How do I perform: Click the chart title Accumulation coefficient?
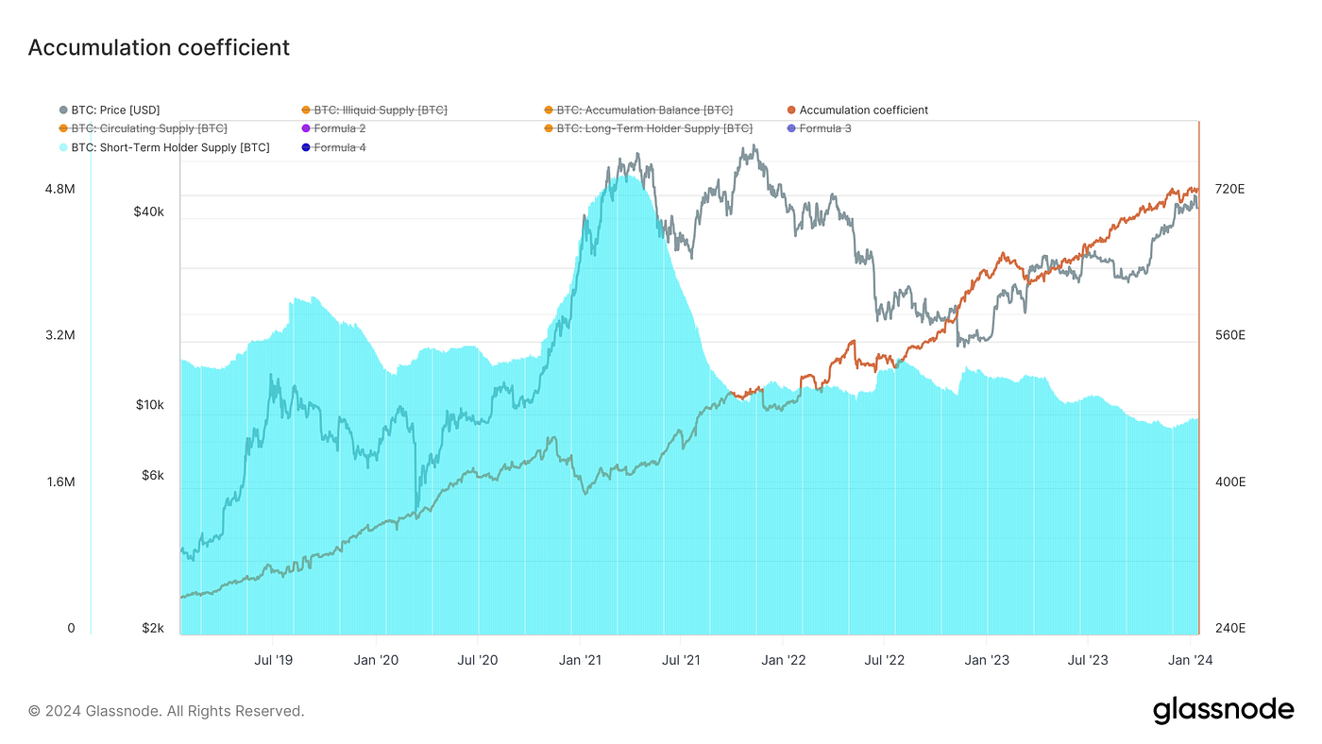pos(159,47)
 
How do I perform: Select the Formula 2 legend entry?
pos(339,128)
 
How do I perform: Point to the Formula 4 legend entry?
pos(339,147)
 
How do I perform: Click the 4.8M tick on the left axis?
pos(59,190)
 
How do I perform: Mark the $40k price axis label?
pos(149,212)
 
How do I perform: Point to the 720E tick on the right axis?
pos(1229,190)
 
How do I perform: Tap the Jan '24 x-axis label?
pos(1192,660)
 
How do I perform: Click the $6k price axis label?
pos(153,476)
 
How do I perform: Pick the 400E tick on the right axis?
pos(1229,482)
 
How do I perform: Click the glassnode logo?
pos(1223,710)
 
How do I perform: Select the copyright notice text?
pos(166,711)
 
